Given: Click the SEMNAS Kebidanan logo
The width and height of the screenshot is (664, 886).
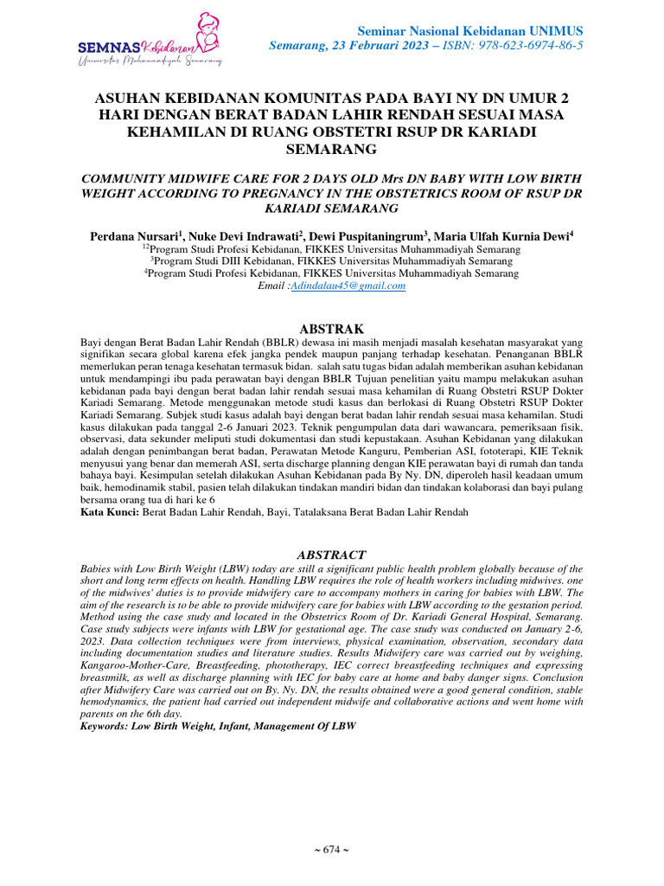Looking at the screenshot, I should (150, 42).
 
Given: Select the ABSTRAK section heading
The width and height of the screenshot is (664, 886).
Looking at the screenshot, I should (332, 329).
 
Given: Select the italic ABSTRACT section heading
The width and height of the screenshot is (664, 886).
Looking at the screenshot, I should (332, 555).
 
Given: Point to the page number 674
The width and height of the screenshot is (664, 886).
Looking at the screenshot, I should (332, 849).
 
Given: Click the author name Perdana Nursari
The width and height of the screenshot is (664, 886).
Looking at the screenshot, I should (136, 235).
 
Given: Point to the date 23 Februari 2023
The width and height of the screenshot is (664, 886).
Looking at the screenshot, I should (365, 44).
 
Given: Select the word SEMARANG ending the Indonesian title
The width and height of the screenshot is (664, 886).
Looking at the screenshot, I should (332, 149).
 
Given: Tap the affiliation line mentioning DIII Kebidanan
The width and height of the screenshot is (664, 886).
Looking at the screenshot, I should (332, 260).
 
